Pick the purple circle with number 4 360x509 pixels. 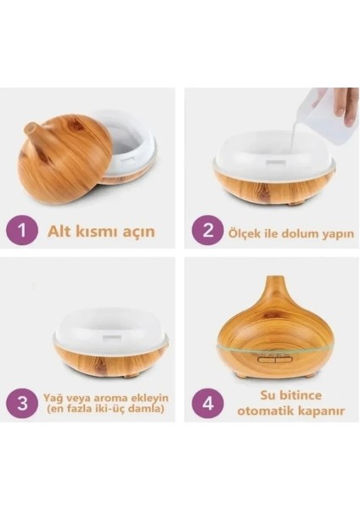207,402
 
